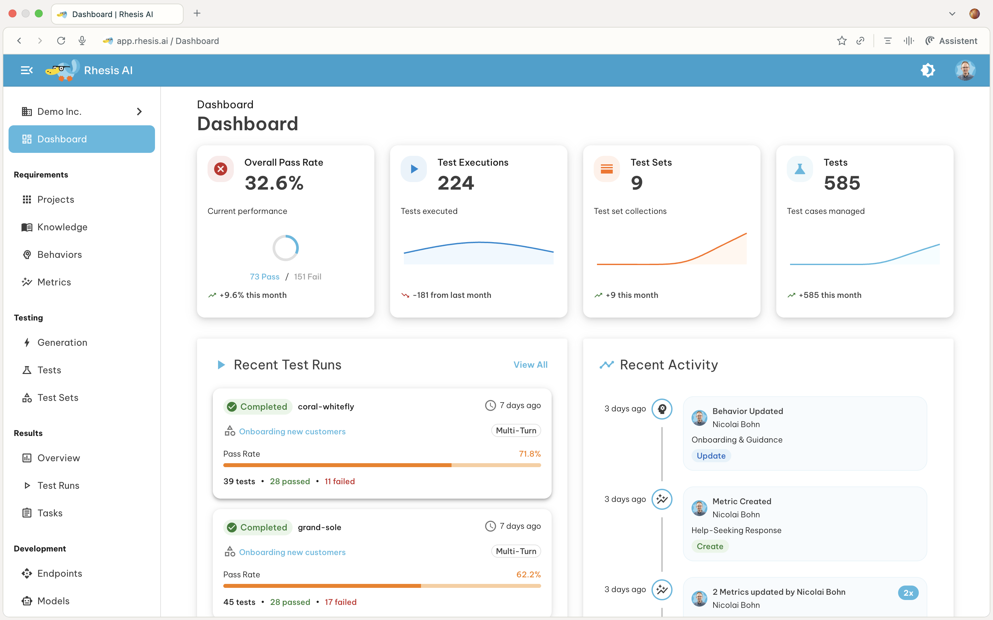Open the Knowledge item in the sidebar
tap(62, 227)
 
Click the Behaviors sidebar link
tap(59, 255)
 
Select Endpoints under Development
tap(59, 573)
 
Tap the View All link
tap(530, 364)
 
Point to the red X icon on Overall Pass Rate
tap(221, 169)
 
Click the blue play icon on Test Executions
tap(414, 169)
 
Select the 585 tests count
tap(842, 183)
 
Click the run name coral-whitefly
tap(326, 406)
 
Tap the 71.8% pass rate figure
tap(529, 453)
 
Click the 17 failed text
tap(340, 602)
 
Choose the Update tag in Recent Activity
tap(711, 456)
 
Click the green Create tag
tap(710, 546)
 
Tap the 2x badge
tap(908, 592)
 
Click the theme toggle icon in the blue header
tap(928, 70)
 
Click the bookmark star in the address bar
tap(842, 41)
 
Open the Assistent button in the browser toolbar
tap(951, 41)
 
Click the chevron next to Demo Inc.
tap(139, 112)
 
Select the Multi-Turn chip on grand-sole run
tap(516, 551)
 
